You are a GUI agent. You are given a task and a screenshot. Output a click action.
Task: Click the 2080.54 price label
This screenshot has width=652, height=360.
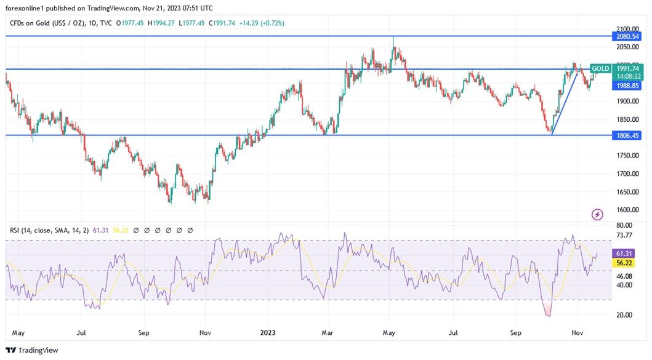pos(627,36)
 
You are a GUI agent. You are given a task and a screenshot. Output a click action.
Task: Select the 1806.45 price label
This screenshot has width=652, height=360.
pos(627,135)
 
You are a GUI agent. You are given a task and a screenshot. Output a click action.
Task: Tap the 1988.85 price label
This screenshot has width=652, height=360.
pos(627,86)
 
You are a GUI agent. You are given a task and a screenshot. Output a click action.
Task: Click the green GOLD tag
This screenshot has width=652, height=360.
pos(600,68)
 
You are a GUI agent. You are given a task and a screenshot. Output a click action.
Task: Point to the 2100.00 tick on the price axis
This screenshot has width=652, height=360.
pos(627,29)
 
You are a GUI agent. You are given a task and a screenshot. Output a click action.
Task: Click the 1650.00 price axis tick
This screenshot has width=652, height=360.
pos(627,192)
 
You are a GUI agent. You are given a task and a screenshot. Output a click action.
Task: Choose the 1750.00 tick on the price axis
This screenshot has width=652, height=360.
pos(627,156)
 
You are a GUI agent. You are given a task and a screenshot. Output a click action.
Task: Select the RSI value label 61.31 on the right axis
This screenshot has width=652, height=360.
pos(624,254)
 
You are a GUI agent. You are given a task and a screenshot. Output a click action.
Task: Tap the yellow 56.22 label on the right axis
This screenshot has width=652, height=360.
pos(624,263)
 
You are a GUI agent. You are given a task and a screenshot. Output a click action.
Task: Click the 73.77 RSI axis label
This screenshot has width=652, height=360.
pos(624,235)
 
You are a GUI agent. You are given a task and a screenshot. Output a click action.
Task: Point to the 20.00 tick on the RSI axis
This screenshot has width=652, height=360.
pos(624,314)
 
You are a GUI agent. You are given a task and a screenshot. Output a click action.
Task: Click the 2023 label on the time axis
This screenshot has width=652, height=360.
pos(268,332)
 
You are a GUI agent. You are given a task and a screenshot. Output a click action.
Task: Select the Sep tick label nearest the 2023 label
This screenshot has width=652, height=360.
pos(143,332)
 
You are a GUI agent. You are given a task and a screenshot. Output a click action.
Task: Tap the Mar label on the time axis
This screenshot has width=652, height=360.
pos(327,332)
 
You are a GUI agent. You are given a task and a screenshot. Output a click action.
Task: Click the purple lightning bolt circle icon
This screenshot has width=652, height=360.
pos(597,214)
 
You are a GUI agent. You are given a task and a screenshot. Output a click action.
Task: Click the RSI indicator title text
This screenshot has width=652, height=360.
pos(49,230)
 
